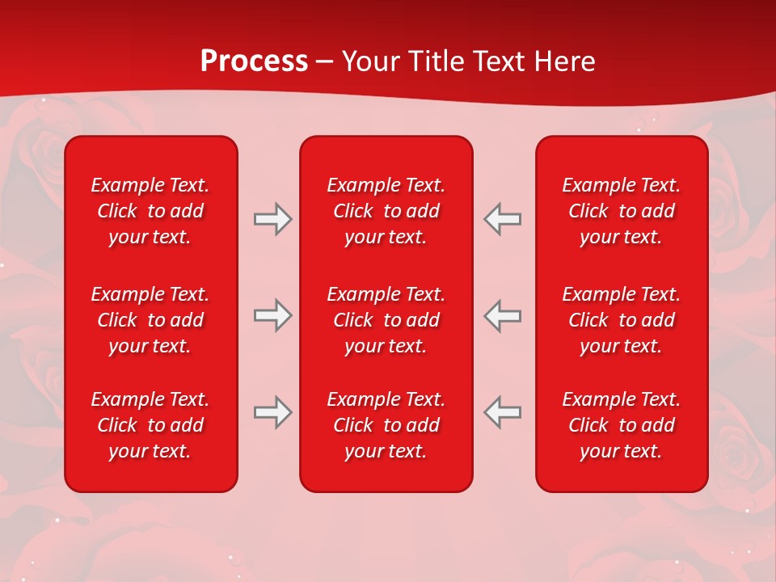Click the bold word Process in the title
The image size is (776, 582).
click(254, 61)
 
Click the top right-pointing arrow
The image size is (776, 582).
click(272, 218)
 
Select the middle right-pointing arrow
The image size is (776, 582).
click(272, 315)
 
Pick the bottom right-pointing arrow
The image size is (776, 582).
click(272, 412)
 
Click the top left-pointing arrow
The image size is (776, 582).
click(503, 218)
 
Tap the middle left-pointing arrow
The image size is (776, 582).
click(503, 315)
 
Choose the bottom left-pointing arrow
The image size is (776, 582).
click(503, 412)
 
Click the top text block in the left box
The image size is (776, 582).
click(150, 211)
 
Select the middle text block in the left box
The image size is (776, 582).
click(150, 320)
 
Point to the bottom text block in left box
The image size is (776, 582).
click(150, 425)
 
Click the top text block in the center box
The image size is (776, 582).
click(386, 211)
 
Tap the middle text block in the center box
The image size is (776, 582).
click(386, 320)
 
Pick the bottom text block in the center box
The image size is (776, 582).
click(386, 425)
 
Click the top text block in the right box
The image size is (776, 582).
click(621, 211)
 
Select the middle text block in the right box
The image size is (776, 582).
click(621, 320)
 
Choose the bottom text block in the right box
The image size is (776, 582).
click(621, 425)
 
